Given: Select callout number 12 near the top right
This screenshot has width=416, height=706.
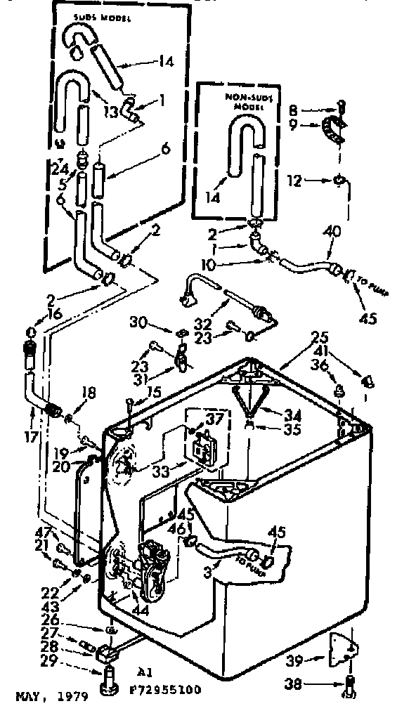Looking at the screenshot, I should (295, 181).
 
